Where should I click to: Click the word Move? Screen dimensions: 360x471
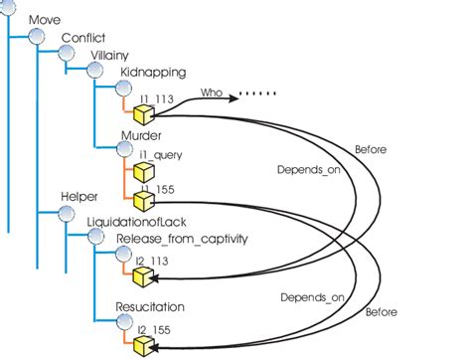tap(46, 20)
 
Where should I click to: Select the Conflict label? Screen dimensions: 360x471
tap(83, 38)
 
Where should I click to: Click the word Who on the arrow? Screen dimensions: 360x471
tap(211, 91)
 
